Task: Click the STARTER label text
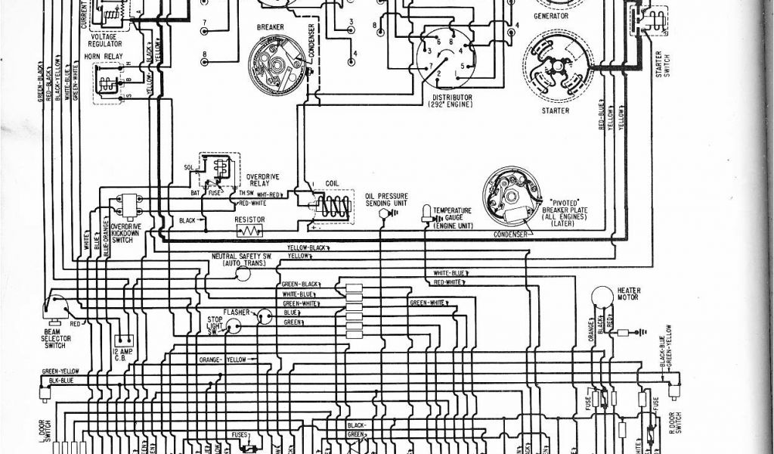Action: tap(556, 111)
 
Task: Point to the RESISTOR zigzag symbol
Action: tap(249, 230)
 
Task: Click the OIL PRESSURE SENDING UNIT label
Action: tap(386, 199)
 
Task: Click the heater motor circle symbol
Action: tap(602, 296)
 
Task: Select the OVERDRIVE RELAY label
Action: tap(263, 180)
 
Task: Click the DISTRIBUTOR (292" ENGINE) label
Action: tap(452, 101)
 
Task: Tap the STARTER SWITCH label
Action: tap(662, 65)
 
